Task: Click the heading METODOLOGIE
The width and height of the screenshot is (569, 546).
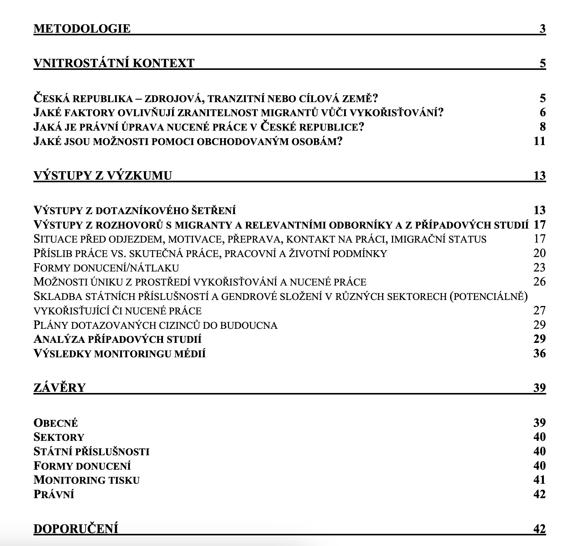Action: tap(82, 28)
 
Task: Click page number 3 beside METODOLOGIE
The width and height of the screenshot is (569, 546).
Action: tap(542, 28)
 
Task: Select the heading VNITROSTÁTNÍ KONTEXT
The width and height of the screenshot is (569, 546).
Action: tap(114, 63)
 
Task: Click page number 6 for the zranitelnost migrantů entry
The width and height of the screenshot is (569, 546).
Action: tap(542, 112)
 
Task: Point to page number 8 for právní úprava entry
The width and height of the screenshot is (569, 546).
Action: tap(542, 126)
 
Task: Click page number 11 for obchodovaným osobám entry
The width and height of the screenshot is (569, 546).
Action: tap(539, 141)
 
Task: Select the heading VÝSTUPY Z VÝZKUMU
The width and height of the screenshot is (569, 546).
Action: tap(103, 175)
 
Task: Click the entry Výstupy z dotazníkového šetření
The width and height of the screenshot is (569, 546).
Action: tap(135, 210)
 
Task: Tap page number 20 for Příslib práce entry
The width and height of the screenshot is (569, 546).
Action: tap(539, 253)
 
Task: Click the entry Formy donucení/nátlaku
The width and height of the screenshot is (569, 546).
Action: tap(106, 268)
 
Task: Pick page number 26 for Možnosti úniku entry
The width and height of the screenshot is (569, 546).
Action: tap(539, 282)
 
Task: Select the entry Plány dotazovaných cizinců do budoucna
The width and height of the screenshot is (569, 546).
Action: tap(155, 325)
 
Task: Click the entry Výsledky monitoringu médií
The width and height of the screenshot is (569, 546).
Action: tap(120, 353)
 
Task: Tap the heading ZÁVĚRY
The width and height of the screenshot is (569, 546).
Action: tap(60, 388)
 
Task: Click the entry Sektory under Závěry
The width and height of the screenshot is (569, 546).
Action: tap(59, 437)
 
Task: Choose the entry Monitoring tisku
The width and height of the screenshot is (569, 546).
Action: tap(87, 480)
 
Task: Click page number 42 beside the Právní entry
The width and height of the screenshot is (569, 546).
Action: tap(539, 494)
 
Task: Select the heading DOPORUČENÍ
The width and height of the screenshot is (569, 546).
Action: tap(76, 529)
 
